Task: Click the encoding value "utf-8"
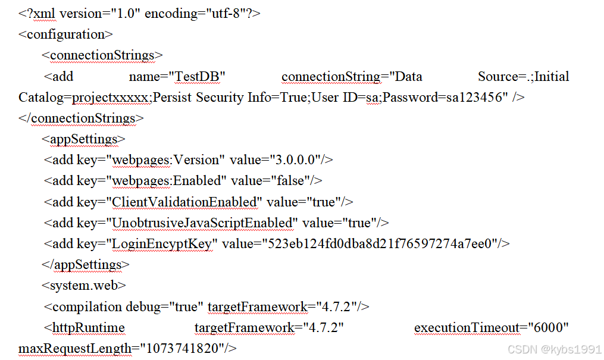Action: (x=229, y=13)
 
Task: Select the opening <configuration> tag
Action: (x=65, y=34)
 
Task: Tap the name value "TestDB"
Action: (x=198, y=77)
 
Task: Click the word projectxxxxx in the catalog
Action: (x=111, y=98)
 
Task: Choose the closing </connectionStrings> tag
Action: (x=81, y=118)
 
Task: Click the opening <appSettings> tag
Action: (x=83, y=139)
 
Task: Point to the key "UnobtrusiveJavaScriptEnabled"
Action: (x=201, y=223)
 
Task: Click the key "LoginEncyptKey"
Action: (x=161, y=244)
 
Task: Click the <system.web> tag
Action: (x=83, y=286)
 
